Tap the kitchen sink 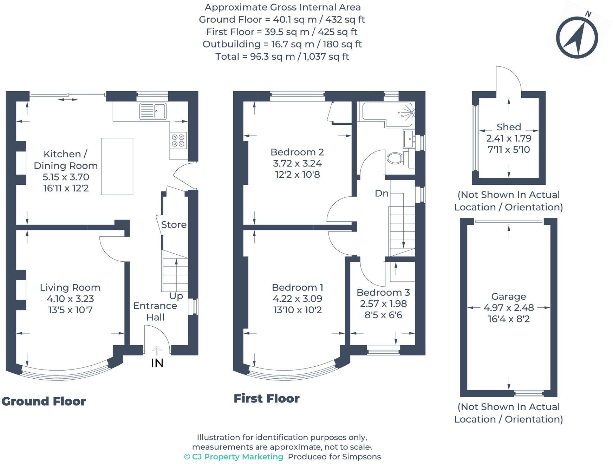(153, 111)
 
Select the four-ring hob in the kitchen (178, 140)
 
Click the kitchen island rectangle (117, 166)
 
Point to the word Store (174, 225)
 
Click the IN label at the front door (157, 363)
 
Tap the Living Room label (70, 288)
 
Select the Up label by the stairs (176, 296)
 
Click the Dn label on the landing (382, 193)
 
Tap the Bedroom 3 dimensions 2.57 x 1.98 (383, 304)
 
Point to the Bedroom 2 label (297, 152)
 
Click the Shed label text (508, 127)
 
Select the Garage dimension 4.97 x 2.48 (508, 308)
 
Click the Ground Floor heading (44, 401)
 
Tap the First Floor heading (266, 399)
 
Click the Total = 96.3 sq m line (282, 57)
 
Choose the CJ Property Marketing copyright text (234, 457)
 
